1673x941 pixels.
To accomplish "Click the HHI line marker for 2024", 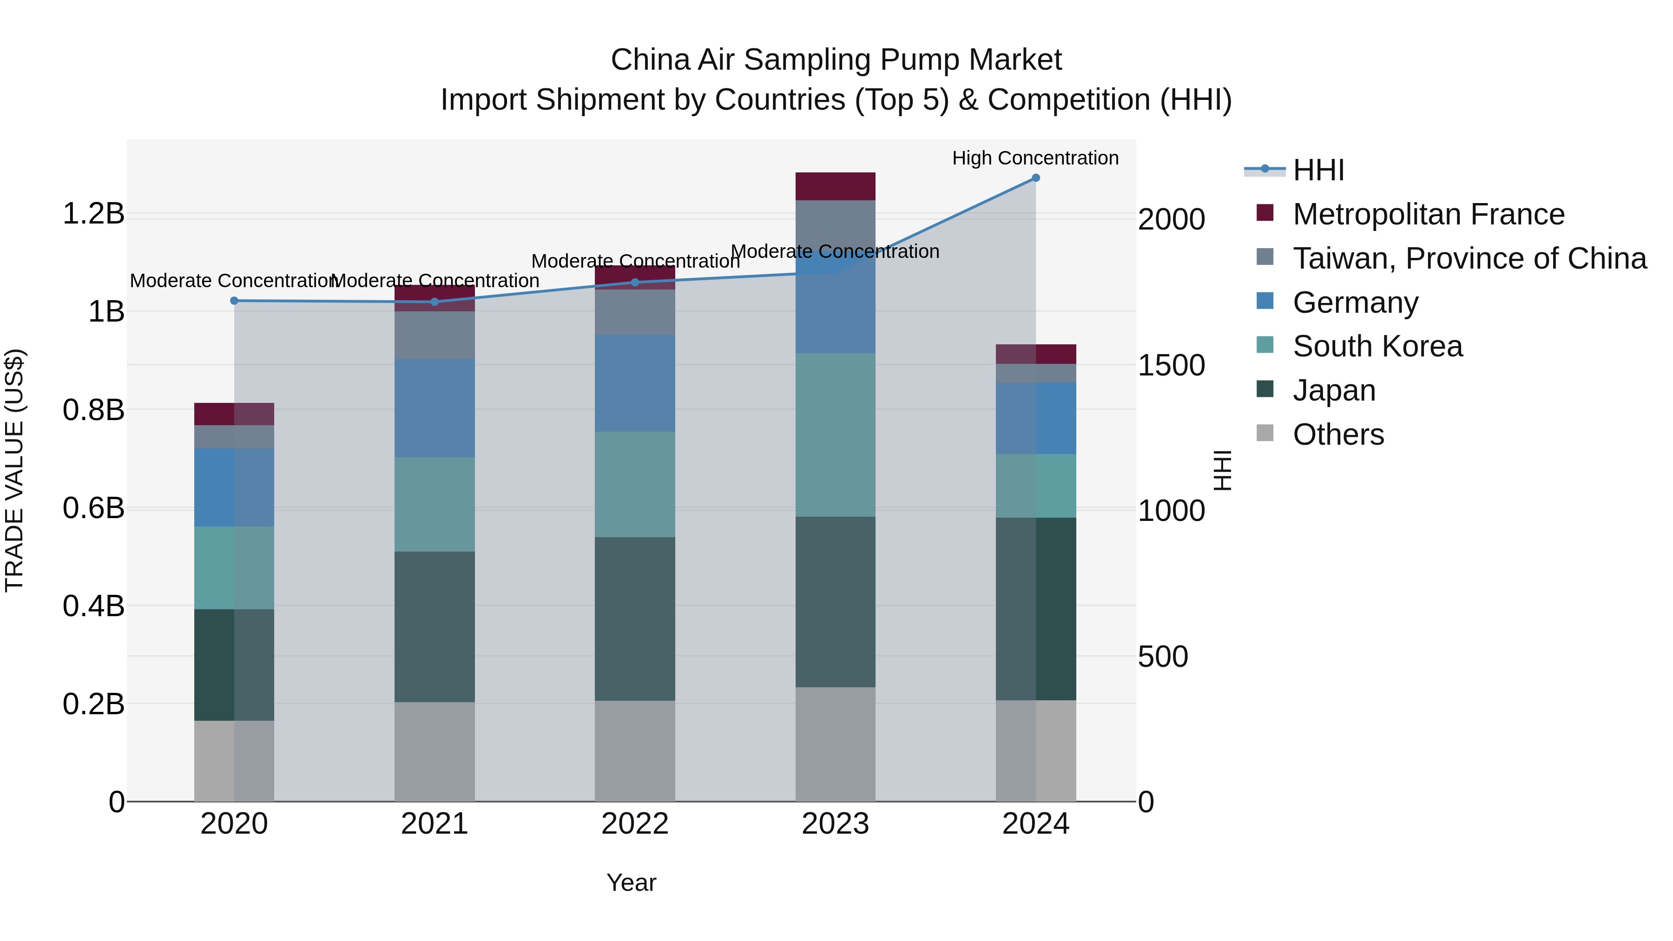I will tap(1035, 178).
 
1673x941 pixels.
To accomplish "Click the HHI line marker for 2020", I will tap(235, 301).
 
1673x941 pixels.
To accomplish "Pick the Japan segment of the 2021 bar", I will tap(435, 627).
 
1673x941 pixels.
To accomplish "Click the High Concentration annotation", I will tap(1035, 158).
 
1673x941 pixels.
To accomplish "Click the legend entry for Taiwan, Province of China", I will tap(1469, 258).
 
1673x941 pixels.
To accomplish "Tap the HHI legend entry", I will tap(1318, 170).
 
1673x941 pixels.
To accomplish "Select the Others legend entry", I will tap(1338, 434).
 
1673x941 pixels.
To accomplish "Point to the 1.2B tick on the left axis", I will tap(93, 214).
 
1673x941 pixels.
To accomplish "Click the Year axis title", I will tap(631, 882).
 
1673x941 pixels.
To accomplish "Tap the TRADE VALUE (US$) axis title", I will tap(14, 470).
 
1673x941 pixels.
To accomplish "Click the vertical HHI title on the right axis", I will tap(1222, 470).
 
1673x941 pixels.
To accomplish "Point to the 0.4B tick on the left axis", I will tap(93, 606).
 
